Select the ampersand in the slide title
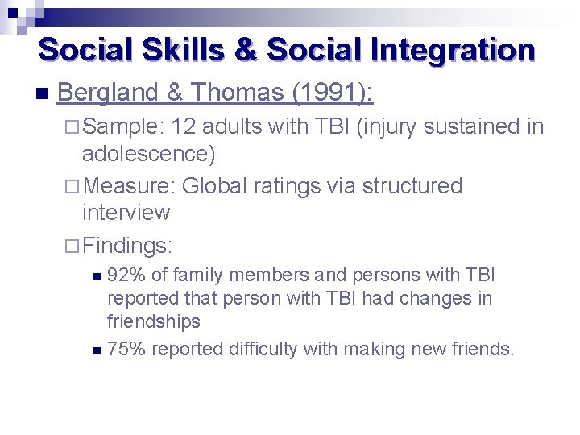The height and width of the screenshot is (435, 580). pos(246,50)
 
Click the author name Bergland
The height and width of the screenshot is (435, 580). pos(109,93)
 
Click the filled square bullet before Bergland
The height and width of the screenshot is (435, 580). pos(41,94)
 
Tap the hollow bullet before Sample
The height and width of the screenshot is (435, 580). pos(72,126)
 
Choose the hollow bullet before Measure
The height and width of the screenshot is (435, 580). pos(72,186)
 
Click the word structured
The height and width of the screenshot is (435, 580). pos(412,186)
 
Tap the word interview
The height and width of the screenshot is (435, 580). pos(126,213)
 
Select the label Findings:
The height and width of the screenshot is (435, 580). pos(128,244)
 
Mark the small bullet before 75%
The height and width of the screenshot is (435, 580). pos(97,350)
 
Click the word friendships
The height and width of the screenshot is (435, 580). pos(153,321)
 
